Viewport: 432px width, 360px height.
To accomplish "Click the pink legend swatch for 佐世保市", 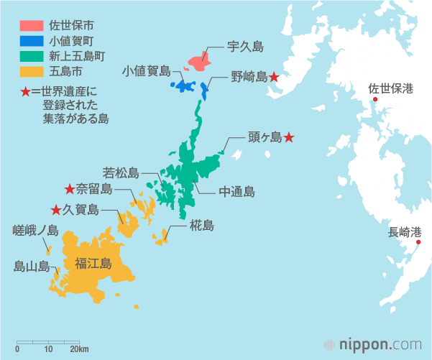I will click(x=31, y=27).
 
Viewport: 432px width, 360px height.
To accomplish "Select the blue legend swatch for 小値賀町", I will click(x=31, y=42).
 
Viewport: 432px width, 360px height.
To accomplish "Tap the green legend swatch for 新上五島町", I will click(x=31, y=57).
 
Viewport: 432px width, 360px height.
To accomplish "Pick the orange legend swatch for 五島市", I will click(x=31, y=72).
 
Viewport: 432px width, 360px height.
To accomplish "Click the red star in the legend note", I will click(x=26, y=92).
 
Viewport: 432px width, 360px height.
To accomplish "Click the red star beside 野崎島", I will click(x=274, y=77).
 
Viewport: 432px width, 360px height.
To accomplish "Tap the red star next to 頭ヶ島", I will click(x=288, y=137).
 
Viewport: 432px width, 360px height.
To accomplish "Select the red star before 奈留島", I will click(x=70, y=189).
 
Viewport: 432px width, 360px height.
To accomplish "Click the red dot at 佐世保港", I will click(x=374, y=100).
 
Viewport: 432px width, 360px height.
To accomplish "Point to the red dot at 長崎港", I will click(x=418, y=242).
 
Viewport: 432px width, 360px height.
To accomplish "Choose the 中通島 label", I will click(x=236, y=192).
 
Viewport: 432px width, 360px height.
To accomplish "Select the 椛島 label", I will click(x=201, y=226).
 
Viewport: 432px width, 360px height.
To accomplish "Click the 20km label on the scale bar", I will click(x=79, y=349).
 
